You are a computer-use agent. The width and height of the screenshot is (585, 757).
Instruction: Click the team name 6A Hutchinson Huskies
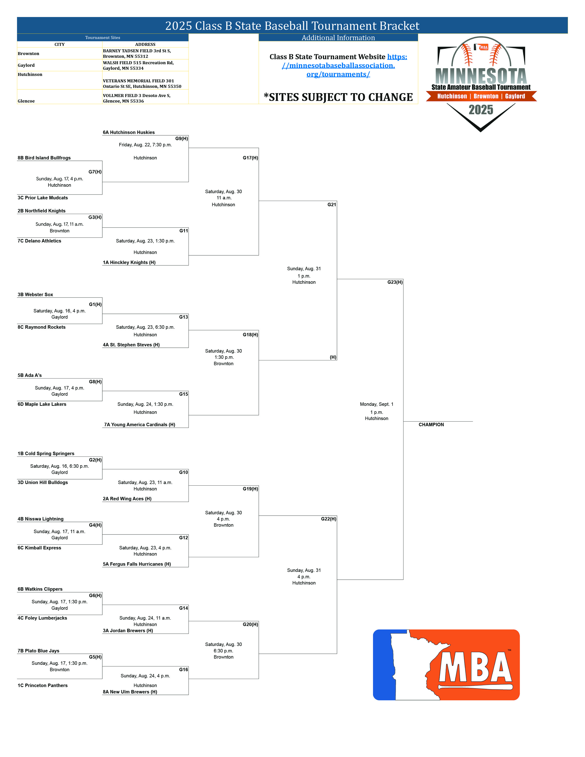[x=128, y=132]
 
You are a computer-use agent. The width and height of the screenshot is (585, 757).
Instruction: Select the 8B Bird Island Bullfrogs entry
[x=44, y=158]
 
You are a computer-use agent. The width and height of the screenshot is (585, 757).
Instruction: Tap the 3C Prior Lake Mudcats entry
[x=43, y=198]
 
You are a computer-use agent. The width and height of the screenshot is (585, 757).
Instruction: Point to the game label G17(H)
[x=250, y=158]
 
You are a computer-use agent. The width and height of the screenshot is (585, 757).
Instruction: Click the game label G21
[x=332, y=204]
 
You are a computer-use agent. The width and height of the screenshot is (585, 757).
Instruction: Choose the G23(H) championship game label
[x=395, y=282]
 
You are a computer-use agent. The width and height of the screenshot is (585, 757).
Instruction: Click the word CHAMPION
[x=431, y=425]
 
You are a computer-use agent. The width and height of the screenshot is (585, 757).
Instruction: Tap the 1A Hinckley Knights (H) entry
[x=129, y=262]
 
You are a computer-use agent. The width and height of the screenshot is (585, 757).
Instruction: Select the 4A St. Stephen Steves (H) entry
[x=131, y=345]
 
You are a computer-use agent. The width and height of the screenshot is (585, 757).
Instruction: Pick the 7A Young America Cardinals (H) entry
[x=140, y=425]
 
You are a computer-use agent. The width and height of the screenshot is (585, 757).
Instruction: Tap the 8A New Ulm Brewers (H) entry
[x=130, y=692]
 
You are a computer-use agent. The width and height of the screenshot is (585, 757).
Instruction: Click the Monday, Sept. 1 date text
[x=376, y=404]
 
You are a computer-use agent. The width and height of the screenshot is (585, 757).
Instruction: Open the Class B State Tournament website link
[x=338, y=66]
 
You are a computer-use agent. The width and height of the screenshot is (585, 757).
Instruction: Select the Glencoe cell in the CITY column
[x=26, y=101]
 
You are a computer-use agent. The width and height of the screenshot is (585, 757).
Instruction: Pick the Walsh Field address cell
[x=138, y=66]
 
